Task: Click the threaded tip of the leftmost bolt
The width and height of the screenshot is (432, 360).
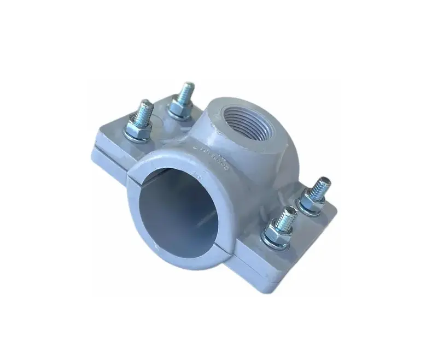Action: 145,110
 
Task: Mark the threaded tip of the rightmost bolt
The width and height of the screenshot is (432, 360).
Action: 320,187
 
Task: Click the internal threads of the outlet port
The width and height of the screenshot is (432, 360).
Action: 241,117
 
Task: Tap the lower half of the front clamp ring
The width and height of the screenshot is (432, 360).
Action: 180,253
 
